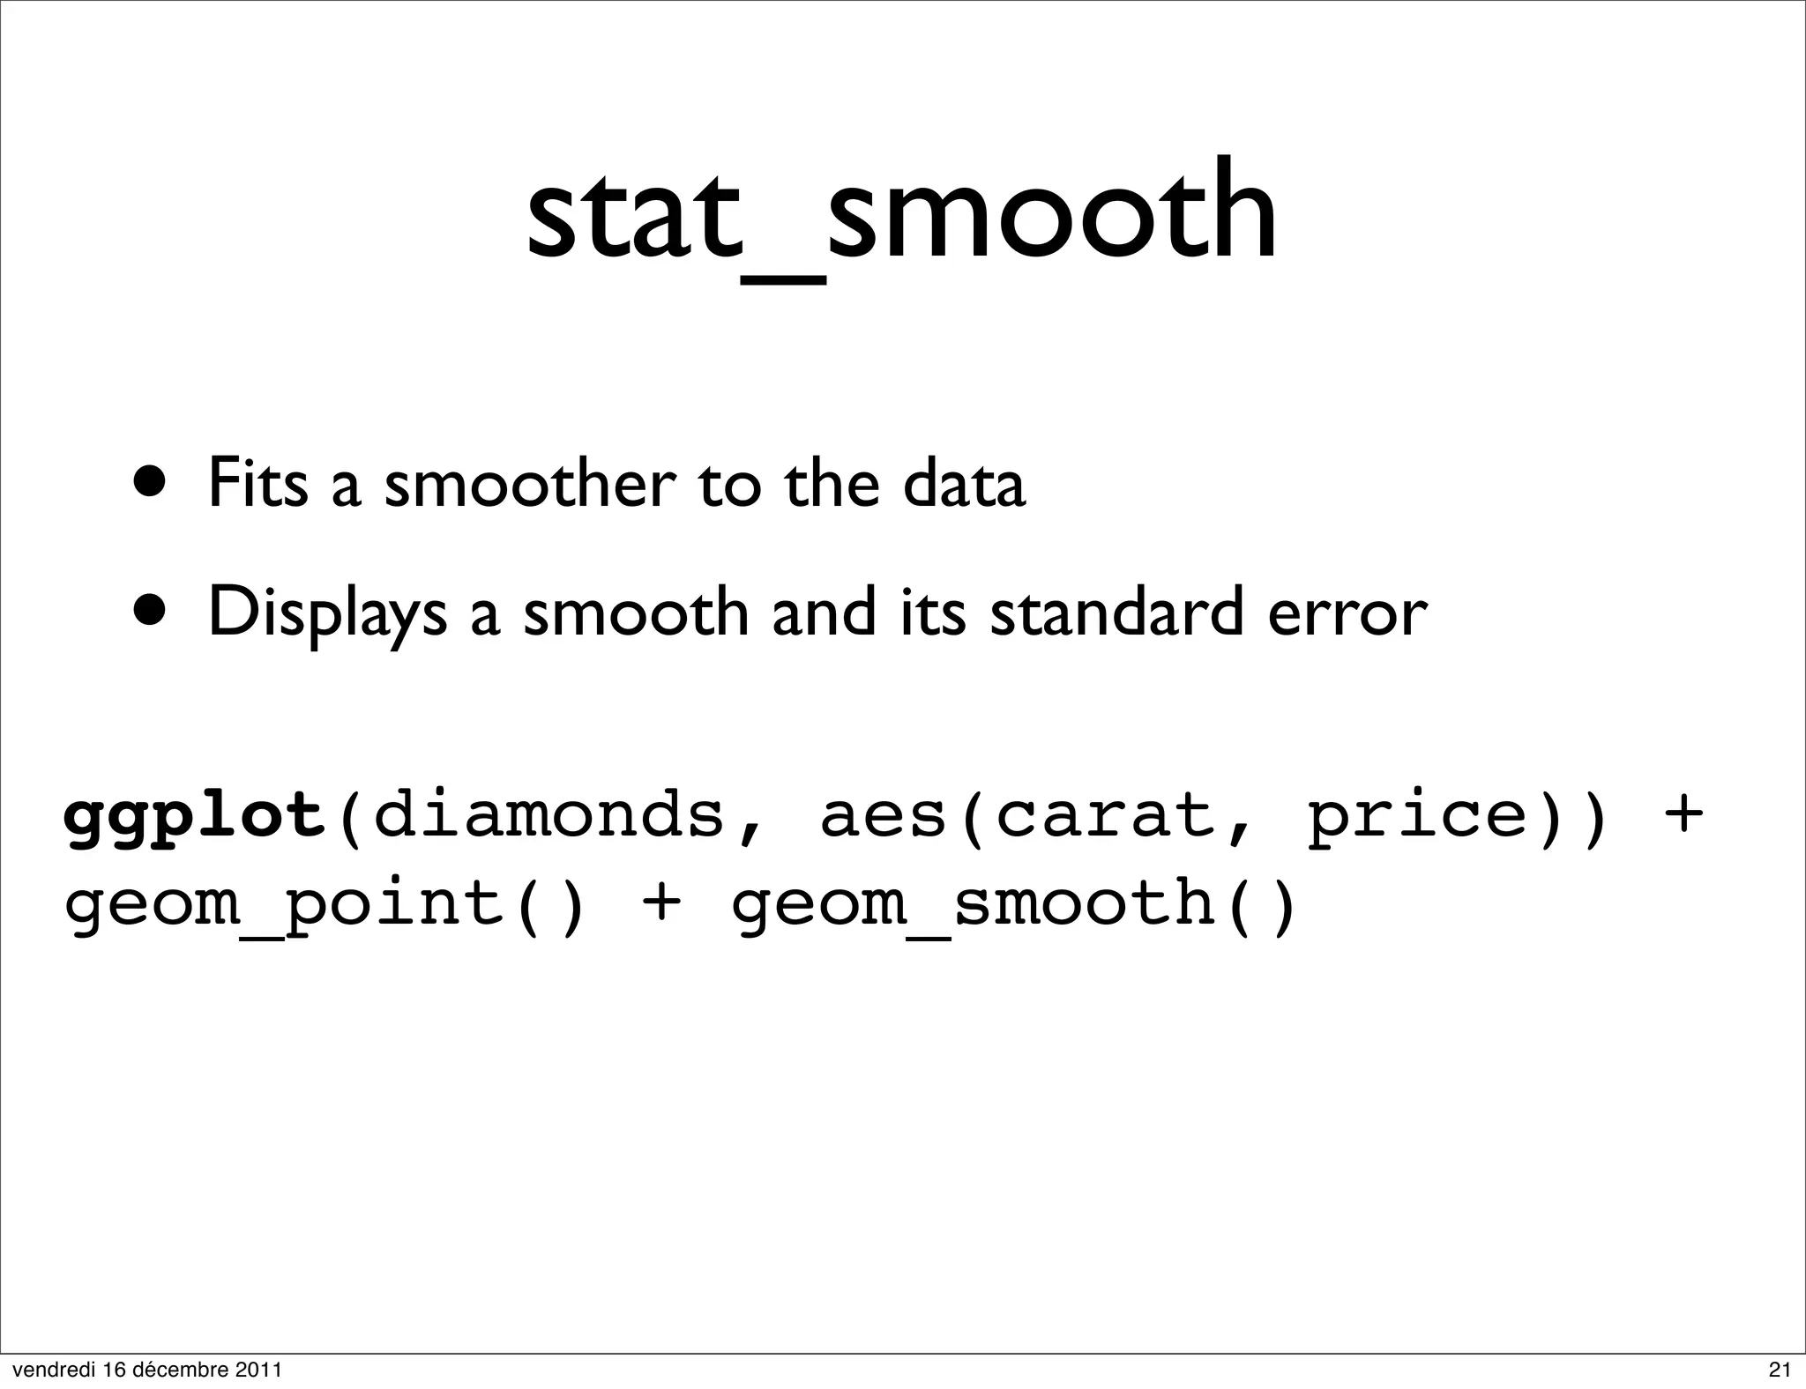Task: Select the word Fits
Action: click(257, 483)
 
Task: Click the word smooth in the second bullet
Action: click(636, 612)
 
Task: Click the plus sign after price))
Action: click(1682, 813)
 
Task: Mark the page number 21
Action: click(1780, 1369)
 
